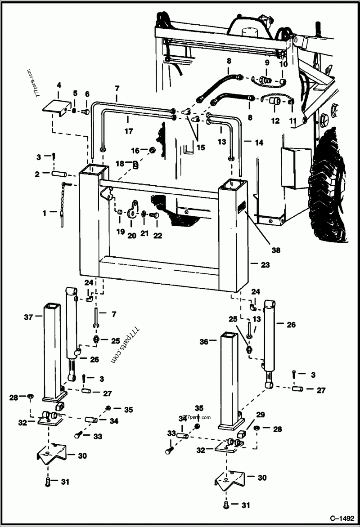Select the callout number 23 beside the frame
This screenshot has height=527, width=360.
pyautogui.click(x=265, y=265)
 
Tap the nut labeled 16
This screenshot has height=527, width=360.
pyautogui.click(x=153, y=150)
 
